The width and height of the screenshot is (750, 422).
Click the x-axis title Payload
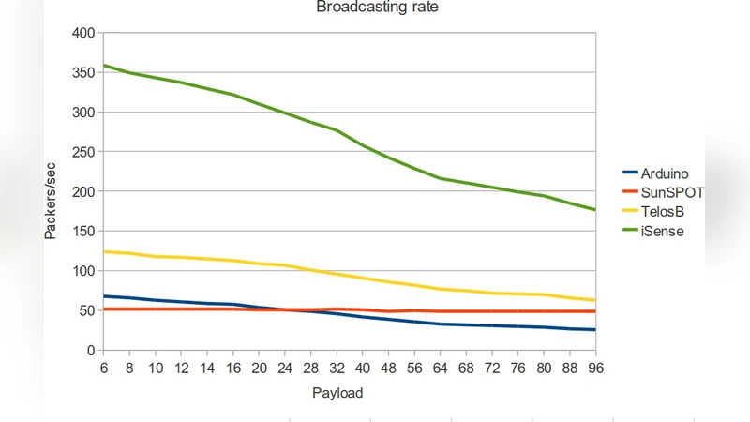337,394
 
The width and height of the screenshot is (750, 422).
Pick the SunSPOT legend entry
671,192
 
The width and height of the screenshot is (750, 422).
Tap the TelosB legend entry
661,212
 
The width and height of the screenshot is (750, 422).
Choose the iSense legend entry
661,232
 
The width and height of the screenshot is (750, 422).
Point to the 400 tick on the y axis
82,34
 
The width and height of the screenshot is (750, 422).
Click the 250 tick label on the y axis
82,152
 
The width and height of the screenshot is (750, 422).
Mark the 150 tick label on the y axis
82,232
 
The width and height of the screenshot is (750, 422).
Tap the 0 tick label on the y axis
90,351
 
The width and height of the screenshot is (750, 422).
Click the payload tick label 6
103,369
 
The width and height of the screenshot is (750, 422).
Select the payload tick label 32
337,369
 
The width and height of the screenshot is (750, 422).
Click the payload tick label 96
594,369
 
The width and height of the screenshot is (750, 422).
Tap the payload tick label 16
232,369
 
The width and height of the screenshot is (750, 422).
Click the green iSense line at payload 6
104,66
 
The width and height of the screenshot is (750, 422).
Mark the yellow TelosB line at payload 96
594,300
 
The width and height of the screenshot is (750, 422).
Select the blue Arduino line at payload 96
594,329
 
